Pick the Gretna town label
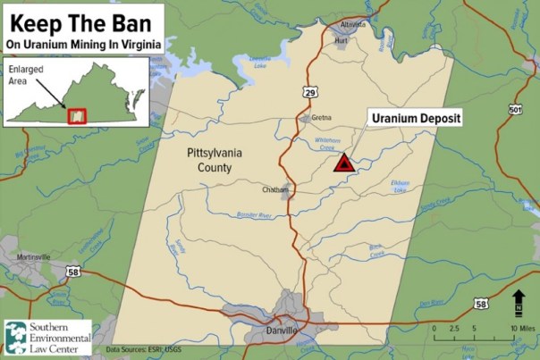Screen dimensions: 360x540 coord(322,118)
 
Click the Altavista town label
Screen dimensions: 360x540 coord(353,25)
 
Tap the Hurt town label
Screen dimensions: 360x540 coord(339,40)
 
